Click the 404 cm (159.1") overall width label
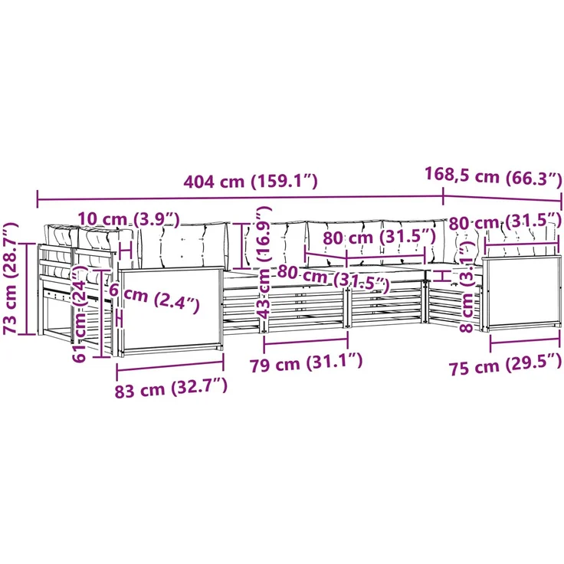coord(251,182)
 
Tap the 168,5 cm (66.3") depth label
coord(493,176)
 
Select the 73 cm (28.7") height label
coord(10,278)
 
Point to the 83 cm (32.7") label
coord(171,389)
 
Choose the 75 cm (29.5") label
coord(505,366)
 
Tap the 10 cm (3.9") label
coord(129,219)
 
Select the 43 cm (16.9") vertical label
coord(264,263)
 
